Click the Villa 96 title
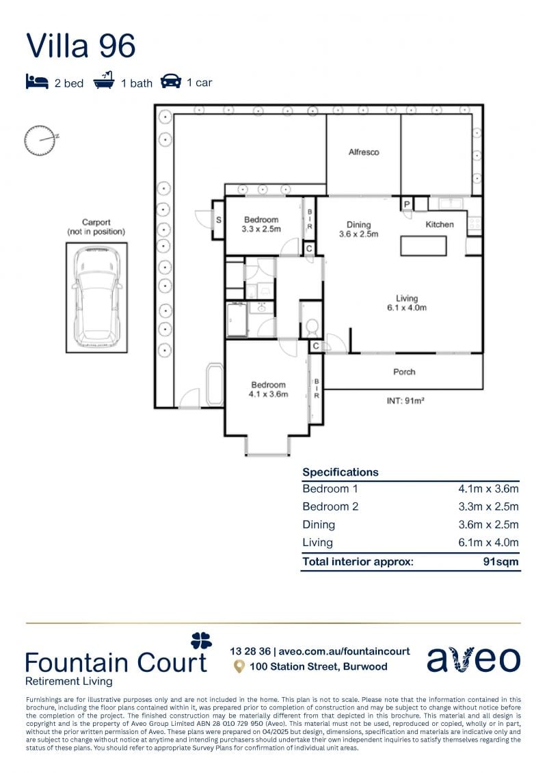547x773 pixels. click(81, 46)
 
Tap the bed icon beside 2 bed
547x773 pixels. click(37, 81)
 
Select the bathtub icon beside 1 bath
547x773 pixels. click(103, 81)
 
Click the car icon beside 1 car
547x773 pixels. click(171, 81)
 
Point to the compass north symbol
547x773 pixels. click(40, 141)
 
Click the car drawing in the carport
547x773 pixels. click(96, 297)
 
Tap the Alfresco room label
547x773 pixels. click(364, 152)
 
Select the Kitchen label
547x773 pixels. click(440, 224)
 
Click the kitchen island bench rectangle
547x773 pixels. click(423, 245)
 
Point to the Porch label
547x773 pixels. click(404, 372)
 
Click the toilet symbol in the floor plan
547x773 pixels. click(312, 326)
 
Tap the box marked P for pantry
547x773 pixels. click(407, 204)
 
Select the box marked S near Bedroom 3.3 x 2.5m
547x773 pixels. click(219, 220)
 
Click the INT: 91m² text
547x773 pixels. click(405, 401)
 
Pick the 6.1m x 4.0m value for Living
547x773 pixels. click(488, 542)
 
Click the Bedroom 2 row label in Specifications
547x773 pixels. click(330, 506)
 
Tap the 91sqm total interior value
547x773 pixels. click(501, 562)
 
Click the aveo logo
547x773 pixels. click(474, 659)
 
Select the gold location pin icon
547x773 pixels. click(239, 667)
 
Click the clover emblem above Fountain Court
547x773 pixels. click(201, 640)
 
